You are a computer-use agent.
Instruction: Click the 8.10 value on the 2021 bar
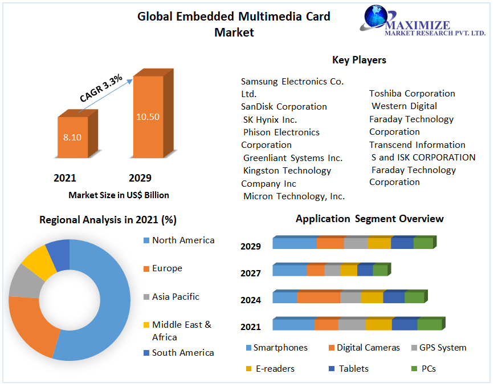(72, 137)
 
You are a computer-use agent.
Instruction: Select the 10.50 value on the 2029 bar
(148, 116)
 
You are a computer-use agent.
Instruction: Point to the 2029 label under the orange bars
(140, 178)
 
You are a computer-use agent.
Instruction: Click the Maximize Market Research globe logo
(377, 17)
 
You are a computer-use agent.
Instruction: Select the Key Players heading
(359, 60)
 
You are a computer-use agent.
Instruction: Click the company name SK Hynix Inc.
(270, 119)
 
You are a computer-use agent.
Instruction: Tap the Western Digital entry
(404, 106)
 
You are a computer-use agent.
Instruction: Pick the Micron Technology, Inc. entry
(293, 196)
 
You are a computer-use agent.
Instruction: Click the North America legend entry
(183, 240)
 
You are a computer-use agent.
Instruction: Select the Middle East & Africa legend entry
(181, 331)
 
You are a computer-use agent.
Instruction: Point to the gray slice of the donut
(21, 281)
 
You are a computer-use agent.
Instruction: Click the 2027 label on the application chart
(251, 274)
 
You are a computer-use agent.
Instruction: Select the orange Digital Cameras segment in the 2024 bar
(319, 297)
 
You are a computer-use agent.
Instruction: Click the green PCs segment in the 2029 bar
(423, 243)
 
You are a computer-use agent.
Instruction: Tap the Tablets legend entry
(353, 369)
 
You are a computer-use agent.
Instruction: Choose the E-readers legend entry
(274, 369)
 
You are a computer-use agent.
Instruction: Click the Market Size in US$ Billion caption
(119, 195)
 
